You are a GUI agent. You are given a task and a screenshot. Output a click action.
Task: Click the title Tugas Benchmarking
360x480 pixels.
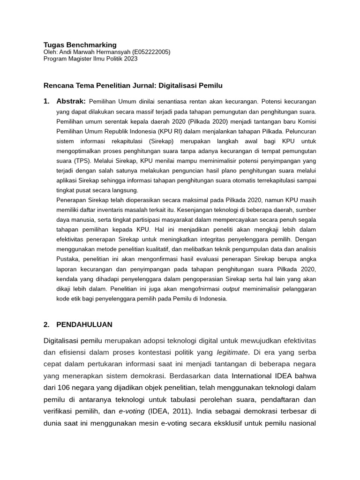pyautogui.click(x=80, y=45)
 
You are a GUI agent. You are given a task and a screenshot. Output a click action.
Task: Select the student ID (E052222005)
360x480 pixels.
pyautogui.click(x=151, y=52)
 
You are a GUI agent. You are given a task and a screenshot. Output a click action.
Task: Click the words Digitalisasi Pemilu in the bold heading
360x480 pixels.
pyautogui.click(x=190, y=86)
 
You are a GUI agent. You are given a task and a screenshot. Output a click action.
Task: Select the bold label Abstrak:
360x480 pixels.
pyautogui.click(x=71, y=101)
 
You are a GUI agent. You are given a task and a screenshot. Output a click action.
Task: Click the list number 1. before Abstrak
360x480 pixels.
pyautogui.click(x=46, y=101)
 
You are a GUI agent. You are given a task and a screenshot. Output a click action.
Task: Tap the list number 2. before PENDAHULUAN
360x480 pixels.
pyautogui.click(x=46, y=324)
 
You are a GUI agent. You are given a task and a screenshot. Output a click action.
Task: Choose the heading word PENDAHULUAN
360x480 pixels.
pyautogui.click(x=84, y=324)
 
